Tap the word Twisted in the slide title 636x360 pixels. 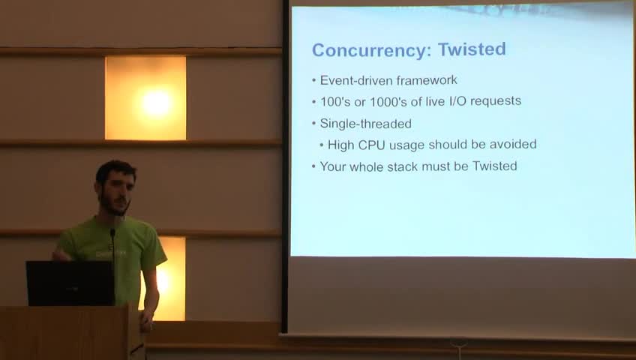[472, 49]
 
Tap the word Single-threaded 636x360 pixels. [365, 124]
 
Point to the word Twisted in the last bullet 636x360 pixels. [495, 166]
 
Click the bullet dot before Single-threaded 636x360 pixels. [314, 124]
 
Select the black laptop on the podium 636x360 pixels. [70, 283]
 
